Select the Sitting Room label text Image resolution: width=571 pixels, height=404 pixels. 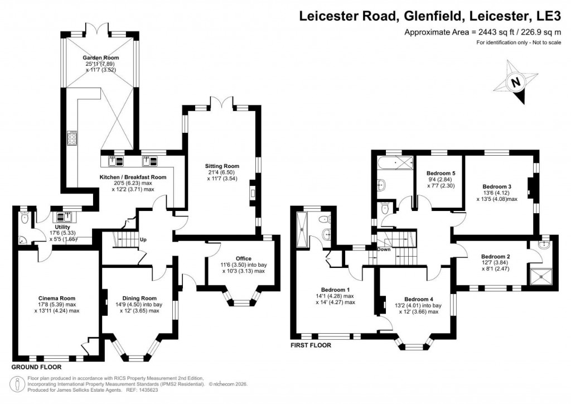[x=223, y=166]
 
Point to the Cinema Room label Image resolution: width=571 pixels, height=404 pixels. [x=57, y=298]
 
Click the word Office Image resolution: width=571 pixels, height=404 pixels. [x=243, y=258]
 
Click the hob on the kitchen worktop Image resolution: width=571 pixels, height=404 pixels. [x=73, y=137]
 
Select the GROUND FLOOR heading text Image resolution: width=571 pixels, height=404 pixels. [x=36, y=368]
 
